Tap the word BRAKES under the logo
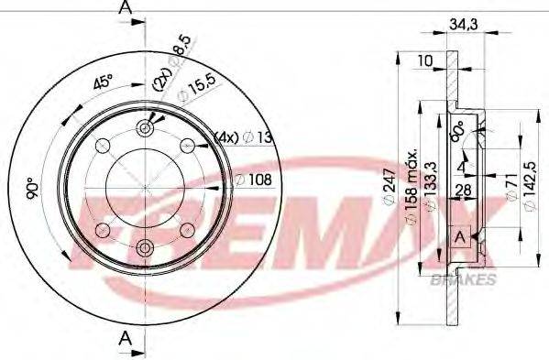coord(472,278)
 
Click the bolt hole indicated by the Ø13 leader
coord(188,144)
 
